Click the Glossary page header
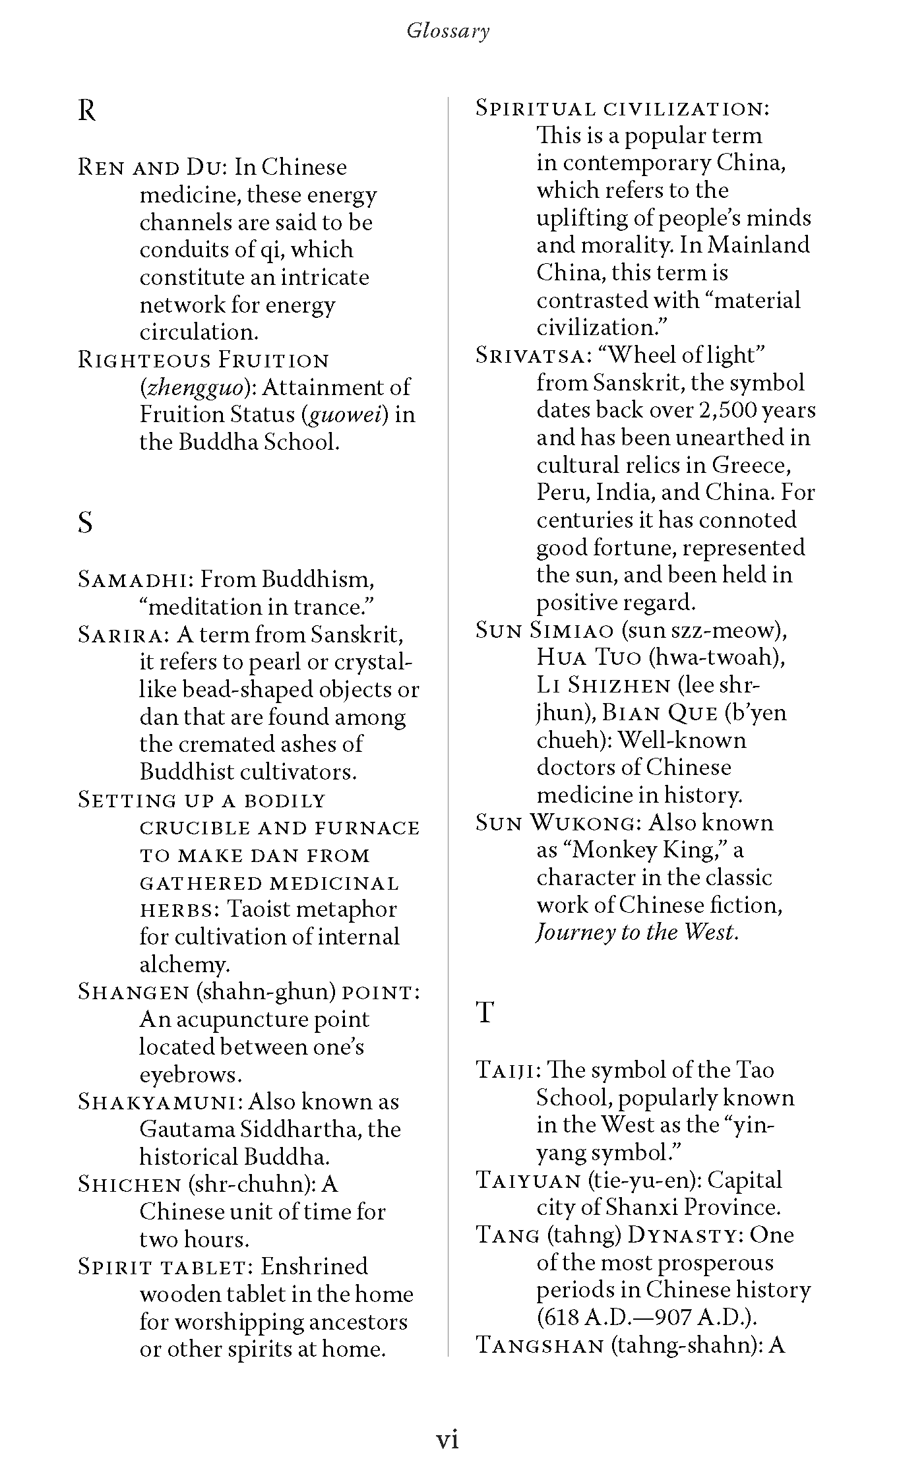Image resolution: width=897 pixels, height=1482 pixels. pyautogui.click(x=448, y=31)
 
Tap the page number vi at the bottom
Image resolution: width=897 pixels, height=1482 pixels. pyautogui.click(x=448, y=1438)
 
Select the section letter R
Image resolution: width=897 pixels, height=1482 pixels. pyautogui.click(x=86, y=111)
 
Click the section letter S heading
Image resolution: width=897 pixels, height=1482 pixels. pyautogui.click(x=85, y=523)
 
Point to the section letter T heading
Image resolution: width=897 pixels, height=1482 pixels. pyautogui.click(x=485, y=1012)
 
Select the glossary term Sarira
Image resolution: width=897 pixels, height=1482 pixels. pyautogui.click(x=123, y=635)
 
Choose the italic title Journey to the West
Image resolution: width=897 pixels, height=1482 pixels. pyautogui.click(x=636, y=933)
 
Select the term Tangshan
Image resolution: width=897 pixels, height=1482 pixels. pyautogui.click(x=540, y=1345)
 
